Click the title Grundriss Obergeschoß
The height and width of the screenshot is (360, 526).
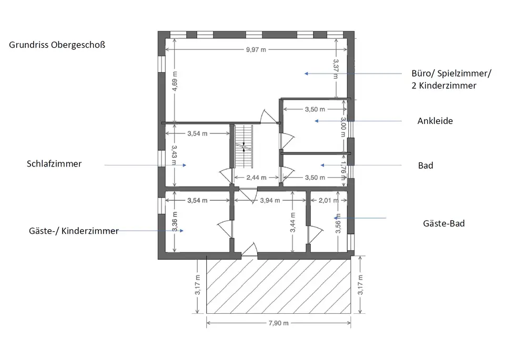tap(57, 45)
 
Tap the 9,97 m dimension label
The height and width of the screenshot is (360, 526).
tap(256, 50)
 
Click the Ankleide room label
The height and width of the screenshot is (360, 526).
tap(435, 121)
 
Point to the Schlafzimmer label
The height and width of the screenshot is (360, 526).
tap(54, 163)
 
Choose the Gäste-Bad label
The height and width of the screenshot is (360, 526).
tap(443, 223)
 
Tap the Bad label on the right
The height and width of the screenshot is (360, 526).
tap(426, 166)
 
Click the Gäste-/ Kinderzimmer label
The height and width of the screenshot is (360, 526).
tap(74, 231)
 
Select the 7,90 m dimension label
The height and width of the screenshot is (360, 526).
tap(278, 323)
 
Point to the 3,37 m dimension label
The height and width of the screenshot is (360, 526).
tap(336, 68)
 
